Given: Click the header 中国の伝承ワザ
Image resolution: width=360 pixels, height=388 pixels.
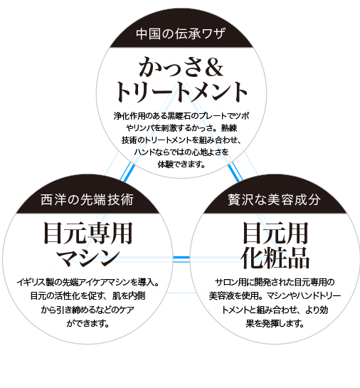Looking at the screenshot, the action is [181, 33].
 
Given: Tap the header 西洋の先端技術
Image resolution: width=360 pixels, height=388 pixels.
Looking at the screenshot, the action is [87, 199].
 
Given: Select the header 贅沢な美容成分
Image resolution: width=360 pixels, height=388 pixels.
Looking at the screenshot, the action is [274, 199].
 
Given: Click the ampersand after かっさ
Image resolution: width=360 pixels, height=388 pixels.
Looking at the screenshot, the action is [213, 68].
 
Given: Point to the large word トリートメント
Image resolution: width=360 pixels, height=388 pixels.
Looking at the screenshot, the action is [181, 92].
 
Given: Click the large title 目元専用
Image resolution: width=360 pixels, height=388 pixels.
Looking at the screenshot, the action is [88, 233].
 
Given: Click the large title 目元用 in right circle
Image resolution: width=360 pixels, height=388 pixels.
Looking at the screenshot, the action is [275, 233].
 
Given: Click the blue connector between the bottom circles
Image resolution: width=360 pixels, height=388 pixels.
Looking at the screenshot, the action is [181, 257].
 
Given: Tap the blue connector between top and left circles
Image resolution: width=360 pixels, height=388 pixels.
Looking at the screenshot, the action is [127, 172].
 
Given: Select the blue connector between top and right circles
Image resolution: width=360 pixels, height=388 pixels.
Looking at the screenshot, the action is [235, 172].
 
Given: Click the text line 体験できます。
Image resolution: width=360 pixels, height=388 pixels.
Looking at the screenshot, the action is [181, 164].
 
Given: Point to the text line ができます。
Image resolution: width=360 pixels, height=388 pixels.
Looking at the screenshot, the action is [88, 323].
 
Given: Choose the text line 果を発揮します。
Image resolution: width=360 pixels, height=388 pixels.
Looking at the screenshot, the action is [275, 323].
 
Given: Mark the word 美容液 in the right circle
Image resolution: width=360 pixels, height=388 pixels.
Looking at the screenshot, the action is [221, 295].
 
